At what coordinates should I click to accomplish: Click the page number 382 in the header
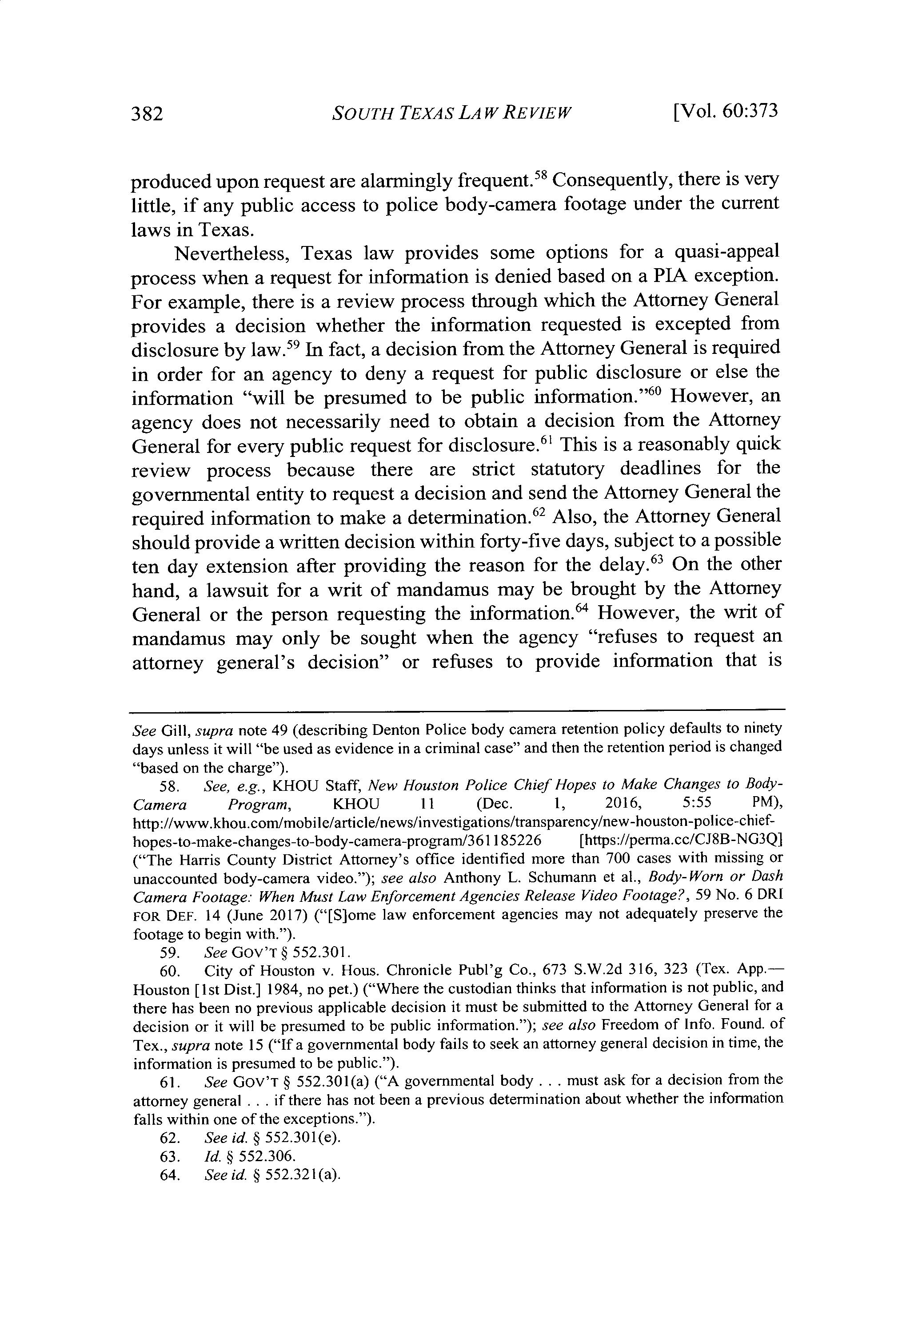coord(148,114)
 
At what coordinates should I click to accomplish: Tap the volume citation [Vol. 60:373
coord(726,111)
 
